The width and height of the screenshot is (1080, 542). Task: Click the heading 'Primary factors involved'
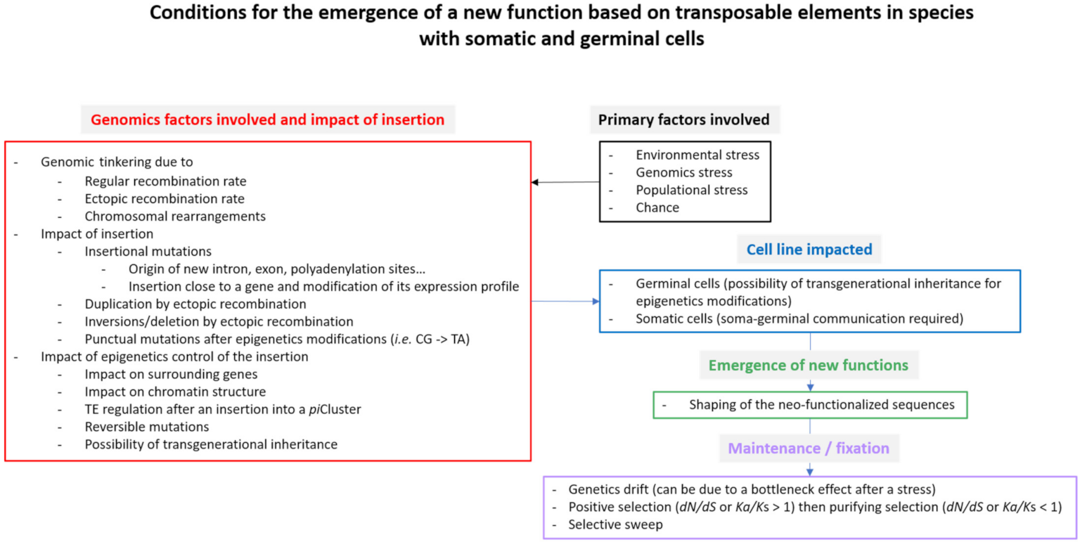click(683, 120)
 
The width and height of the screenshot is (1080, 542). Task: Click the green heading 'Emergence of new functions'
click(810, 366)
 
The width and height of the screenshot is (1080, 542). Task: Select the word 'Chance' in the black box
click(656, 208)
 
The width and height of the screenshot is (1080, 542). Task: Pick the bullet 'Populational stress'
click(692, 191)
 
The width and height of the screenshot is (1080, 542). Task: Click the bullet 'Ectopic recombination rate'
click(165, 199)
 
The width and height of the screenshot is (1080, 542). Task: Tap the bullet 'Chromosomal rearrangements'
click(175, 217)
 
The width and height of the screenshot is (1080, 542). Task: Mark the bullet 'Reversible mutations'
click(147, 427)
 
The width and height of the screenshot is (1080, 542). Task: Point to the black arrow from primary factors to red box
click(565, 183)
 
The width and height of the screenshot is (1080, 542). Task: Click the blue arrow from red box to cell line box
click(565, 302)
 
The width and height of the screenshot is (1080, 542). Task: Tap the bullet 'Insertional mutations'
click(148, 252)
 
